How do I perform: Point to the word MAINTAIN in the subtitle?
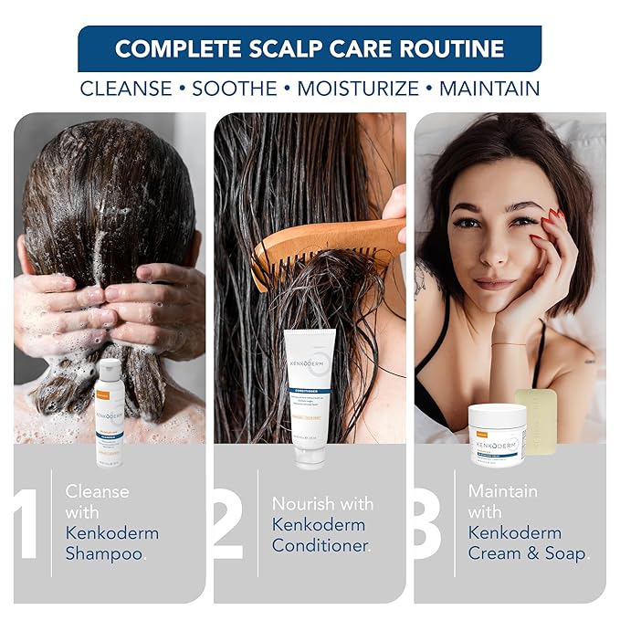(x=489, y=89)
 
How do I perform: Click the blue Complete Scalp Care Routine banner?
(x=310, y=48)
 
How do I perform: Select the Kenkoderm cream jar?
(x=497, y=429)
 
